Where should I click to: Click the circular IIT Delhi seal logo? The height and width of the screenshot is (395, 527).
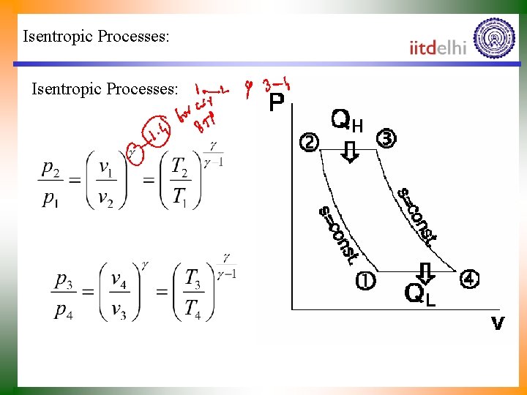494,39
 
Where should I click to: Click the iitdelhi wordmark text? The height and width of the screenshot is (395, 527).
438,48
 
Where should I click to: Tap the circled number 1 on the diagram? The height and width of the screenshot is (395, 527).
365,280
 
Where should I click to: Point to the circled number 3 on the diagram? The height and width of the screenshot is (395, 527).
385,138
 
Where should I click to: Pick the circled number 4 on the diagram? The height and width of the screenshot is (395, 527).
469,279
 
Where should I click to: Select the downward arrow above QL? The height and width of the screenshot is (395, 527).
427,271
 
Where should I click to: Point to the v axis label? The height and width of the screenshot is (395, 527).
498,323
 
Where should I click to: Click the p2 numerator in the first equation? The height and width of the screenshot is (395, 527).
51,169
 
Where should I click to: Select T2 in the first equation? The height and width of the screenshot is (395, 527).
181,168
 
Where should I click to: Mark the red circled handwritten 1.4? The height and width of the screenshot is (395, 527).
154,132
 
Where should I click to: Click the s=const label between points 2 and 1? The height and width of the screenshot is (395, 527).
338,235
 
